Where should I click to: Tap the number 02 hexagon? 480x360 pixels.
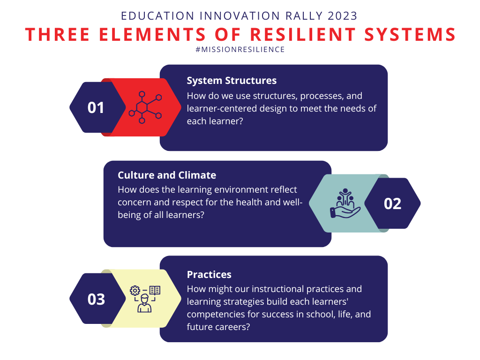[392, 203]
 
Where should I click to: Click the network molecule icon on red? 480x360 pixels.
[145, 107]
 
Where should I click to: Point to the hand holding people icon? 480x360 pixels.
[345, 203]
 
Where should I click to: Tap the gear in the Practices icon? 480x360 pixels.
[135, 290]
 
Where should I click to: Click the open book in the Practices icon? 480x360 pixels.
[155, 290]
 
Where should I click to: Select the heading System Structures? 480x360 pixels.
[232, 81]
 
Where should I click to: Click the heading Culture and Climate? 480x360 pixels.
[167, 175]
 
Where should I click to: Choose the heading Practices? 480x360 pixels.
[209, 275]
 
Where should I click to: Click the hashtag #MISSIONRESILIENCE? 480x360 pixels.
[240, 50]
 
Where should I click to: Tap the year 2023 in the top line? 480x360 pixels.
[343, 16]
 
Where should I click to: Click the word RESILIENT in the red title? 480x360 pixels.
[303, 34]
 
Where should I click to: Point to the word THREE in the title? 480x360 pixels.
[57, 34]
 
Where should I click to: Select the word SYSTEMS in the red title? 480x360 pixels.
[410, 34]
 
